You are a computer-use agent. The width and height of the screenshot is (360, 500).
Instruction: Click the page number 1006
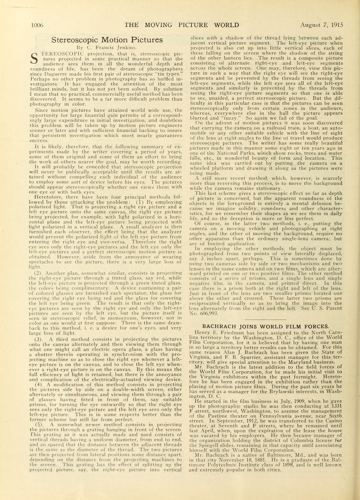(x=37, y=25)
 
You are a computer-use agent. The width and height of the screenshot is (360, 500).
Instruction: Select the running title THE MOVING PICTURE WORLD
(x=182, y=25)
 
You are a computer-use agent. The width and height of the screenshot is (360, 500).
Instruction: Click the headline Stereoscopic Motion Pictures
(x=107, y=40)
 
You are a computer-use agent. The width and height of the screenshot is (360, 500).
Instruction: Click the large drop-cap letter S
(x=34, y=59)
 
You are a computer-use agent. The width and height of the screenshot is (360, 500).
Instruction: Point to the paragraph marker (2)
(x=39, y=273)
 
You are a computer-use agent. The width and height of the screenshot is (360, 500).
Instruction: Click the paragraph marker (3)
(x=39, y=339)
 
